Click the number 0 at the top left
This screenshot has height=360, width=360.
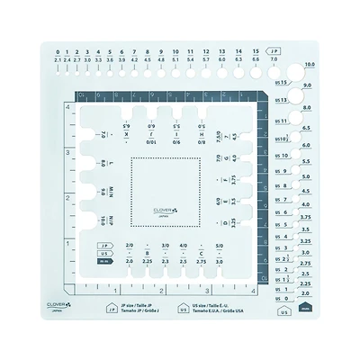click(x=57, y=51)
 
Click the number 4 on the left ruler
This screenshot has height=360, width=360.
click(x=68, y=107)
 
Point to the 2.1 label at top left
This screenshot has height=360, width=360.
click(x=57, y=59)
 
